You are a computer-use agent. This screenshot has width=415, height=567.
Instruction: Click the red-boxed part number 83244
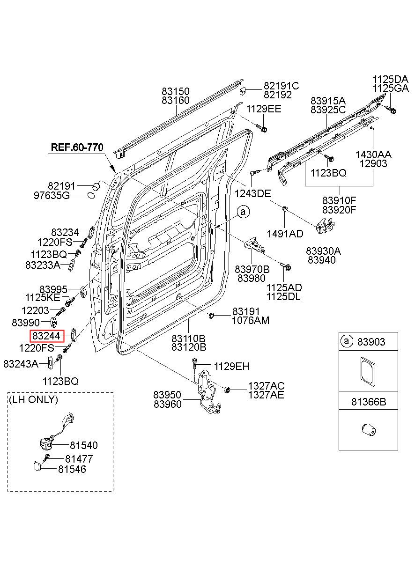pos(46,336)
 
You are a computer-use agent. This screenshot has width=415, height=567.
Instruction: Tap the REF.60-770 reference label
pos(77,147)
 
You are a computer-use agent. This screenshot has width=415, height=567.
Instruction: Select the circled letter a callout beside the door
pos(243,212)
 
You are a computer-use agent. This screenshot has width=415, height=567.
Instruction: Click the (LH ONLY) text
pos(33,399)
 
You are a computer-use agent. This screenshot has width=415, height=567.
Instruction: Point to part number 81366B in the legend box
pos(369,402)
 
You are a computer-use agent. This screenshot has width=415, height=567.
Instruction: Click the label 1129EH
pos(232,366)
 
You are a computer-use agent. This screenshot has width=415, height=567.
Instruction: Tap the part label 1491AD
pos(285,234)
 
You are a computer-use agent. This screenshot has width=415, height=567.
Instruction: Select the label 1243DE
pos(252,194)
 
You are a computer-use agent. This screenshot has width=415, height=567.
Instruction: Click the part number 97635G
pos(52,195)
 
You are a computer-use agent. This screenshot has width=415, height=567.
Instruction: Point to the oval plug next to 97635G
pos(91,195)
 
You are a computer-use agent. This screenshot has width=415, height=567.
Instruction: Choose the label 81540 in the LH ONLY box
pos(84,445)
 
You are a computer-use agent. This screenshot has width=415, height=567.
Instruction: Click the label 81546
pos(72,469)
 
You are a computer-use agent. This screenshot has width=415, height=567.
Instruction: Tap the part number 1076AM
pos(251,320)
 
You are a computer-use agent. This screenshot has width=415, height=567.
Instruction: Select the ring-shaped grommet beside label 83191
pos(211,316)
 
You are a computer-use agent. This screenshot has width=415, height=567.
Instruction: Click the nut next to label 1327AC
pos(227,390)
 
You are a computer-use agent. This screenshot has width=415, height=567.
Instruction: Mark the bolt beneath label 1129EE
pos(262,128)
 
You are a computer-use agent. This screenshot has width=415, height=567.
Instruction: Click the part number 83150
pos(176,91)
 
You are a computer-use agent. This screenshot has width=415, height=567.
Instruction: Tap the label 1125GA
pos(391,88)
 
